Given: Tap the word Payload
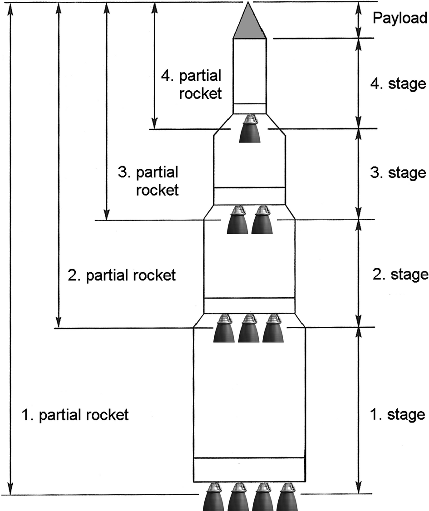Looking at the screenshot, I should point(399,18).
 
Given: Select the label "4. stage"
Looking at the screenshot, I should point(398,84).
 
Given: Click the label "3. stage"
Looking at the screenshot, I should point(398,173).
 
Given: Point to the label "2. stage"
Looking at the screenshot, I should point(399,274).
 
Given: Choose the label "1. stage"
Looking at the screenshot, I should point(398,414).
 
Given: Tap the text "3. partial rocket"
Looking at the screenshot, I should point(148,181).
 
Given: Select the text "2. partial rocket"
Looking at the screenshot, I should point(121,275).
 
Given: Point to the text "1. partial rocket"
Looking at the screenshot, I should point(75,415).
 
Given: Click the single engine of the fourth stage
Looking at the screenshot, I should point(249,129).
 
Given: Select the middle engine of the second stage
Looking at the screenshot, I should point(249,329).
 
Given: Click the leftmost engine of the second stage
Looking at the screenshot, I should point(224,329).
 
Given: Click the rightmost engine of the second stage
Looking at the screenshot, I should point(273,329).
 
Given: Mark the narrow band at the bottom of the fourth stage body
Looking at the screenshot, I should point(249,108).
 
